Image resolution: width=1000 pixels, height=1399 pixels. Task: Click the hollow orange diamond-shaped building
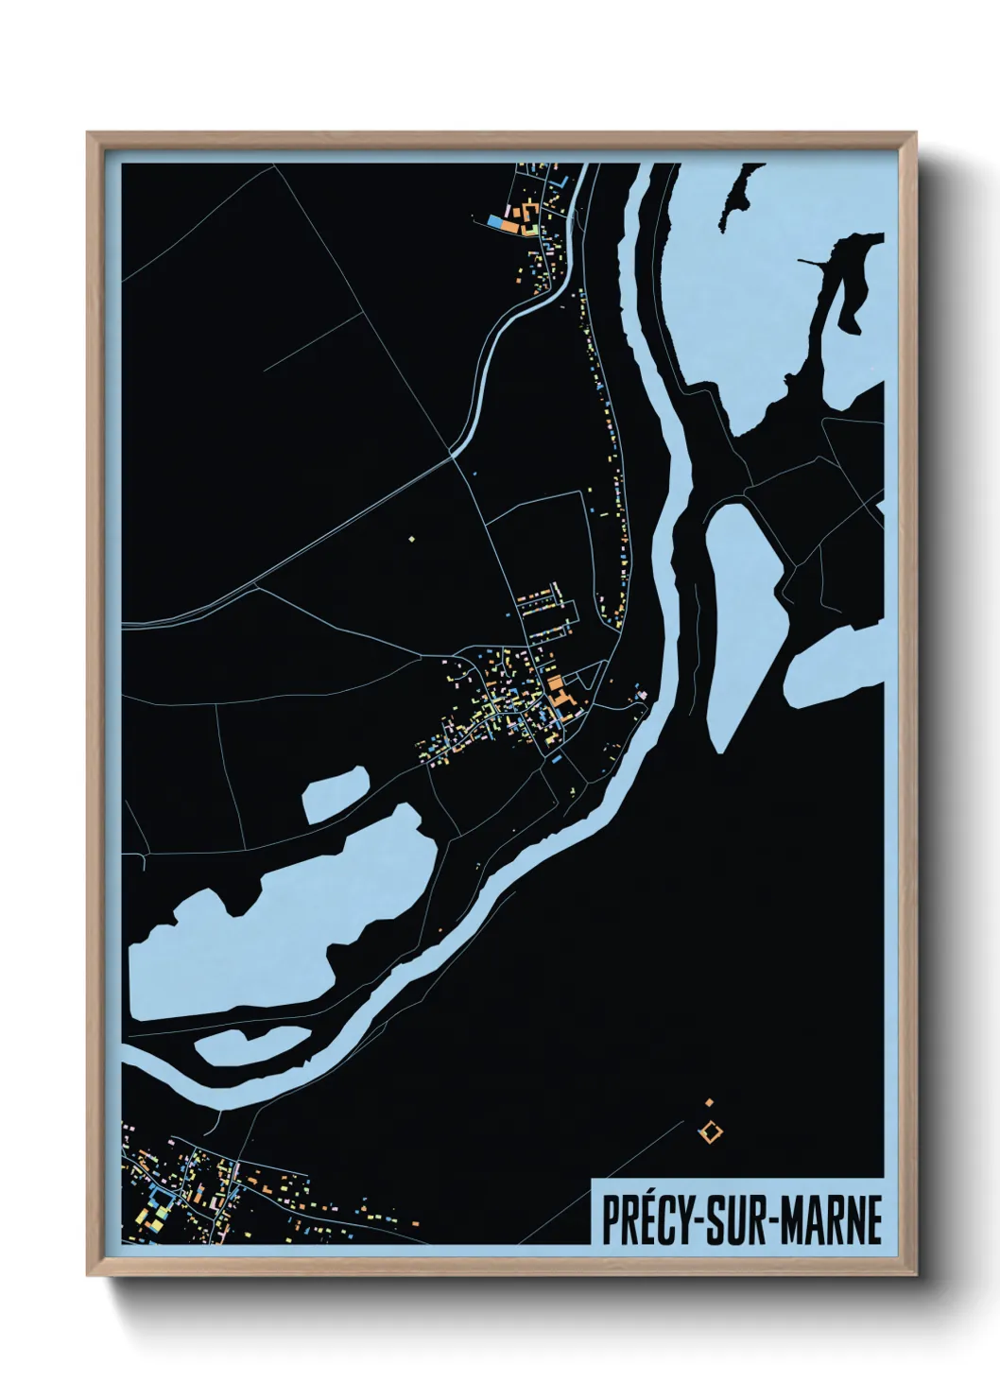coord(709,1130)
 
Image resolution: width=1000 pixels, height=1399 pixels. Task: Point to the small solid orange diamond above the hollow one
coord(709,1101)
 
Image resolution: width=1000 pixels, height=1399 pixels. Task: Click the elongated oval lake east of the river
coord(742,614)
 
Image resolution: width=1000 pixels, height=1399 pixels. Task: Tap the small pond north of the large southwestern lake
coord(336,792)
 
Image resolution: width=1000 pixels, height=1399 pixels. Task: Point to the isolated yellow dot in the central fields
coord(412,539)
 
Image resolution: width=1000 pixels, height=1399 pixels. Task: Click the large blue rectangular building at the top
coord(495,221)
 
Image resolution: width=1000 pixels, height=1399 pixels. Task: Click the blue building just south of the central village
coord(558,758)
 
